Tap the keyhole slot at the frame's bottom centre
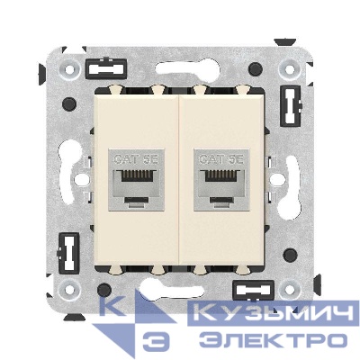(x=180, y=290)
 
